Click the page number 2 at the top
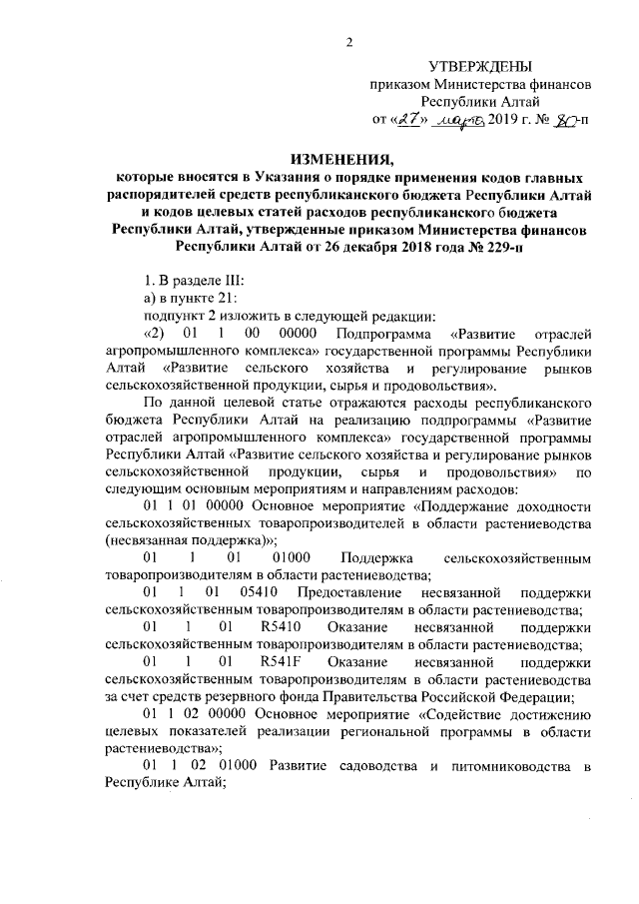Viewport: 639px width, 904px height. (349, 41)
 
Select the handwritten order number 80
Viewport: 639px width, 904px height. (564, 123)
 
